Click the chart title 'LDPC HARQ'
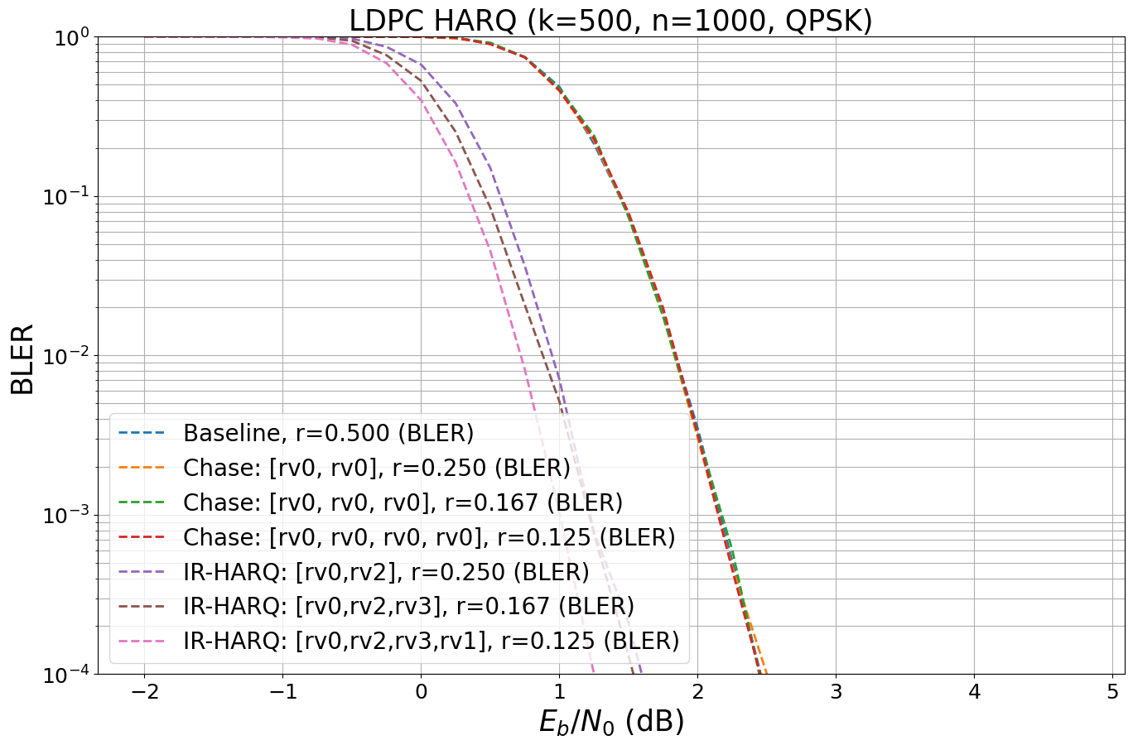click(610, 20)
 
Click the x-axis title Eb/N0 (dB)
click(611, 722)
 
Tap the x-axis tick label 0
click(421, 692)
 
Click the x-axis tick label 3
click(836, 692)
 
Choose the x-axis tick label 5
click(1112, 692)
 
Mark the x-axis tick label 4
click(974, 692)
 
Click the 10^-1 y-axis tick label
click(65, 197)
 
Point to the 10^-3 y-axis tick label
click(65, 516)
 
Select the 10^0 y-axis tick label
click(70, 38)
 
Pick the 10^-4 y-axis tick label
click(65, 675)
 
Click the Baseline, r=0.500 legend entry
click(328, 433)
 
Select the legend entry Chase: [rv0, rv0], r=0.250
click(376, 468)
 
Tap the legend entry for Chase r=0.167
click(403, 502)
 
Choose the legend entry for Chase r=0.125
click(429, 537)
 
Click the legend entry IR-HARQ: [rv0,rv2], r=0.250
click(386, 572)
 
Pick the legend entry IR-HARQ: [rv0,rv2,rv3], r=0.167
click(408, 606)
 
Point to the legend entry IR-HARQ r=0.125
click(431, 641)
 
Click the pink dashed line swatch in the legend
click(142, 641)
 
